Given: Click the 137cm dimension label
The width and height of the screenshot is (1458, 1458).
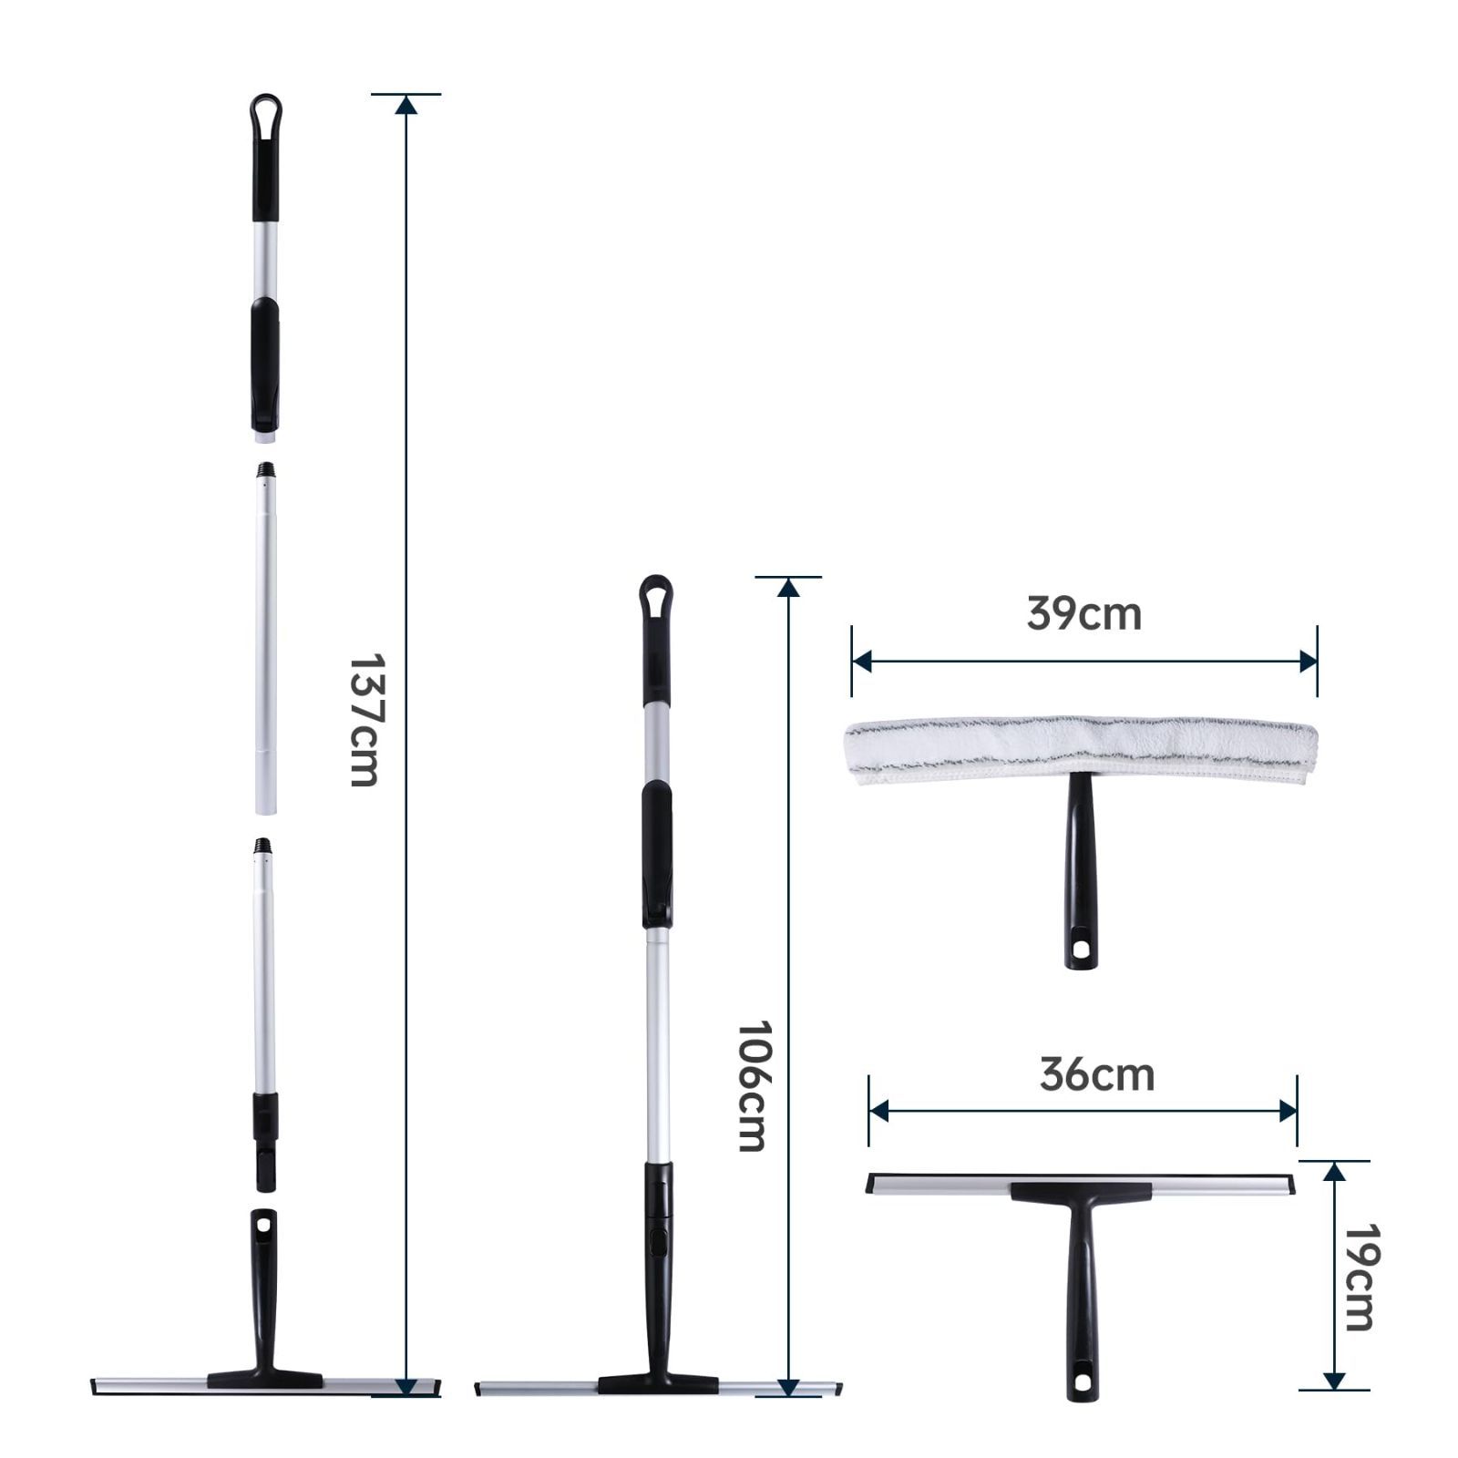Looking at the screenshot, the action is [364, 719].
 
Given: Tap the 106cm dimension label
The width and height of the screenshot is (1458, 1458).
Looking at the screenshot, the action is [751, 1085].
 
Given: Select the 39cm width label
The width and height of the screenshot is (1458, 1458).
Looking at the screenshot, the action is [1083, 613].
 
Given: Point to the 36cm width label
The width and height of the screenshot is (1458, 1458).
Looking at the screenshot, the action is [1097, 1074].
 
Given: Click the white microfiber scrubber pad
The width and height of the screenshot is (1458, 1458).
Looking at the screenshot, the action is [1082, 750].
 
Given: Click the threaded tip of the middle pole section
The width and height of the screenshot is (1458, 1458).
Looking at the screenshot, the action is [265, 471].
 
